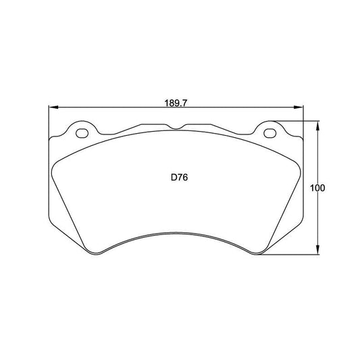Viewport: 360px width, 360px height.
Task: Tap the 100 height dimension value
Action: [x=318, y=188]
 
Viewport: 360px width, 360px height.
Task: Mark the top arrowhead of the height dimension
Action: [x=318, y=124]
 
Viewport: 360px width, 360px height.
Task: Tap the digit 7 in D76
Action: [x=179, y=178]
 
